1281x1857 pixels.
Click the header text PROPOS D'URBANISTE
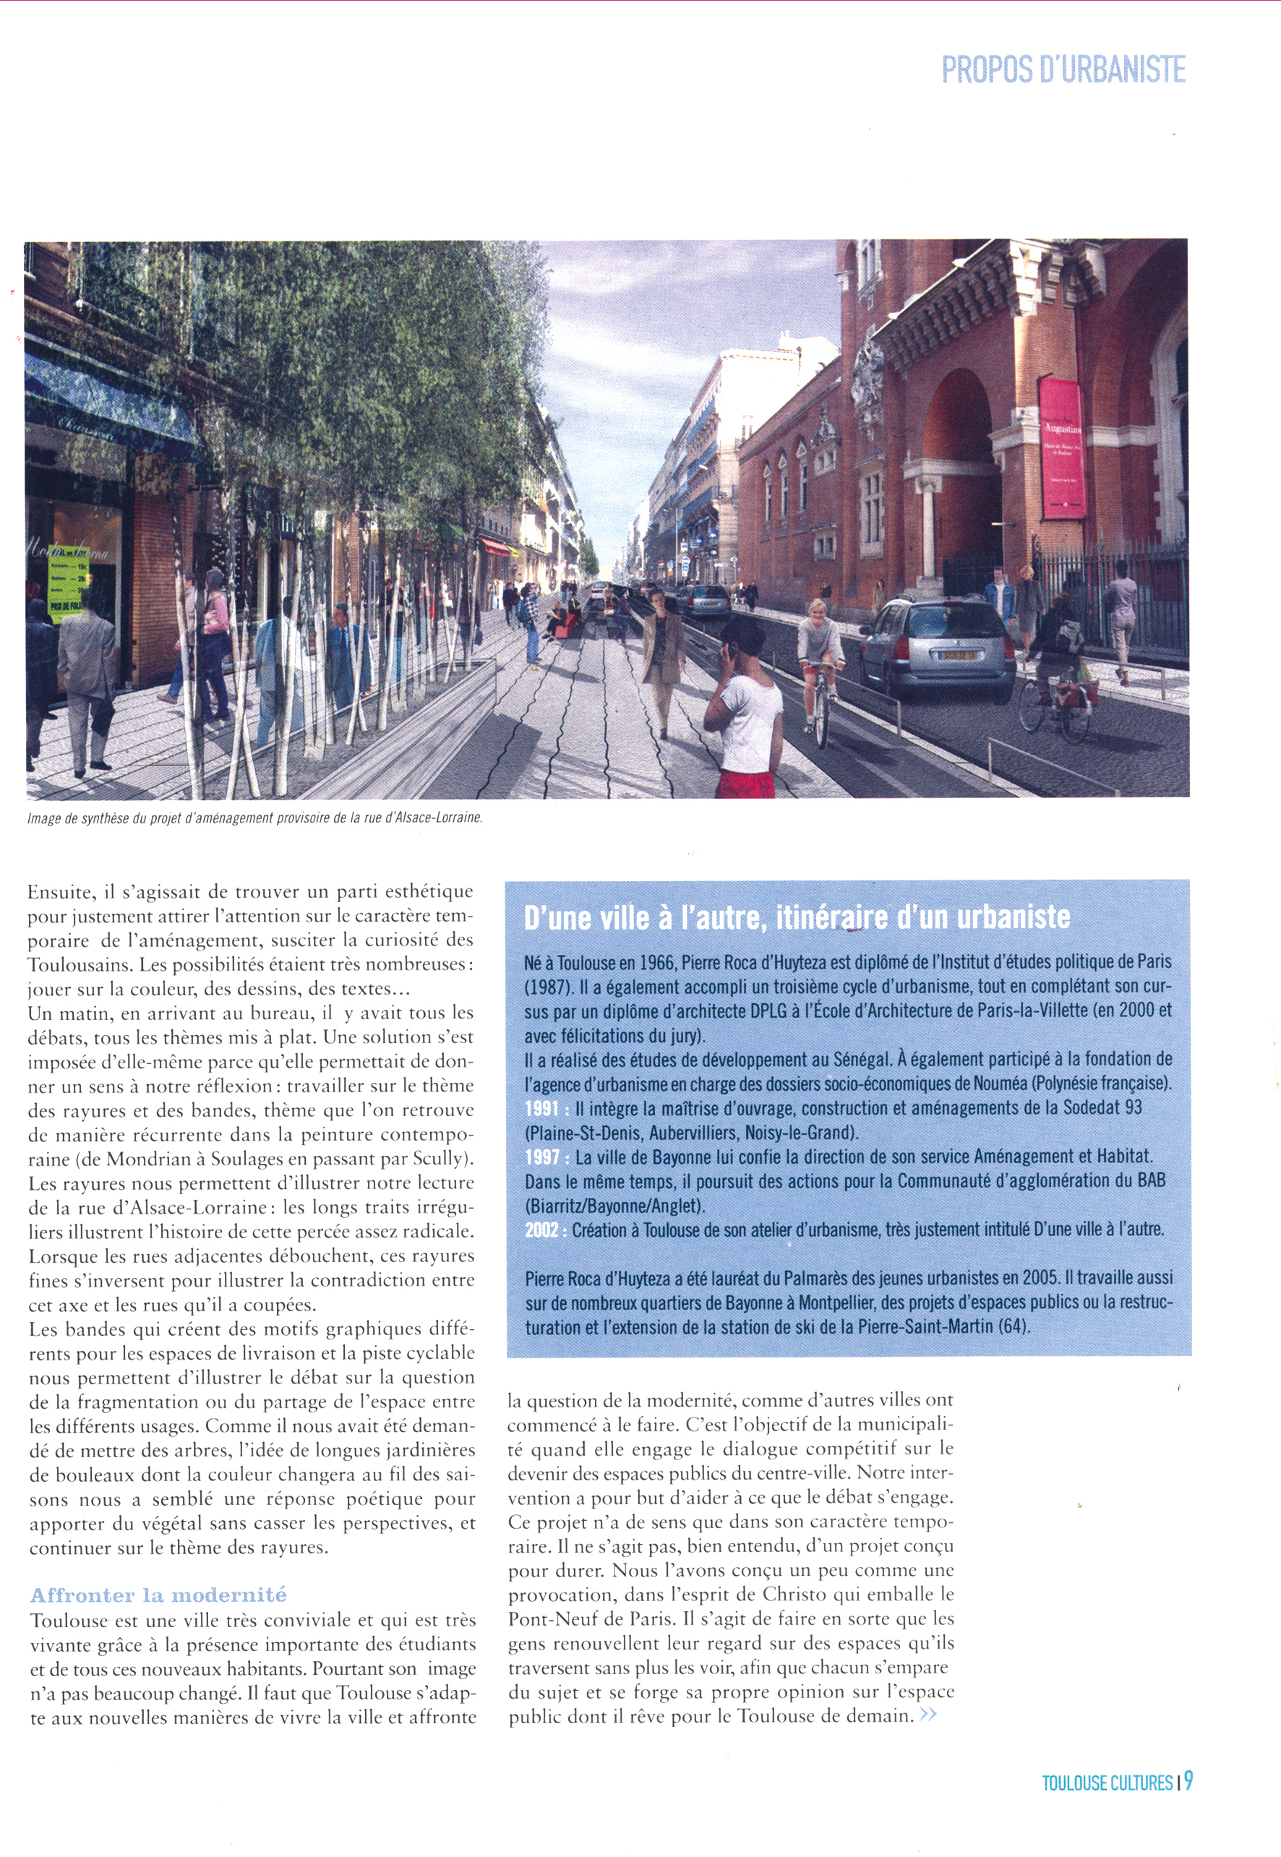[1063, 71]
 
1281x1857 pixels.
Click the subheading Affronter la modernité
[158, 1595]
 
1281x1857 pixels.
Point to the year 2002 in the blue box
[541, 1230]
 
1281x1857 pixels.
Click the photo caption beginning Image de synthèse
[255, 820]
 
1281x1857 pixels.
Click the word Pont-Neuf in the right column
[547, 1618]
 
